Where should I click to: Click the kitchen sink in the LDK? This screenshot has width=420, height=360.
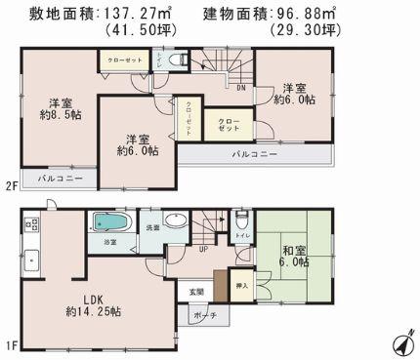(x=30, y=259)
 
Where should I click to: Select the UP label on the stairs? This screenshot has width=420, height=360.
(x=202, y=248)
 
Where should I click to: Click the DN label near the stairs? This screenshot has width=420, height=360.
(x=239, y=87)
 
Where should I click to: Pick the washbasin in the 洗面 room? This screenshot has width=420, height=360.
(x=175, y=221)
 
